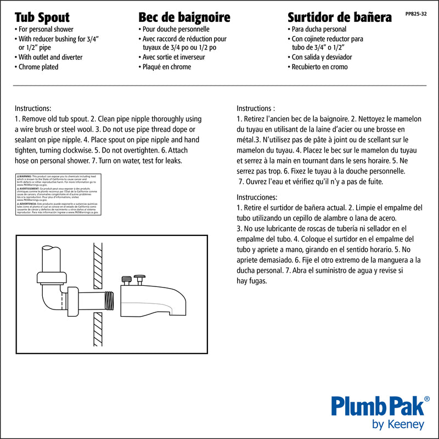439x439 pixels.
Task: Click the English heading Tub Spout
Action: click(42, 16)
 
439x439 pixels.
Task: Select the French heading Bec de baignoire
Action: click(184, 16)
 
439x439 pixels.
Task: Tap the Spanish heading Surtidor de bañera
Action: click(340, 16)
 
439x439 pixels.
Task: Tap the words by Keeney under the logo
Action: click(398, 425)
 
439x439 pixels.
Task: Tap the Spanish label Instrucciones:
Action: click(257, 196)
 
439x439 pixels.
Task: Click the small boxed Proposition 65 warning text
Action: click(57, 195)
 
